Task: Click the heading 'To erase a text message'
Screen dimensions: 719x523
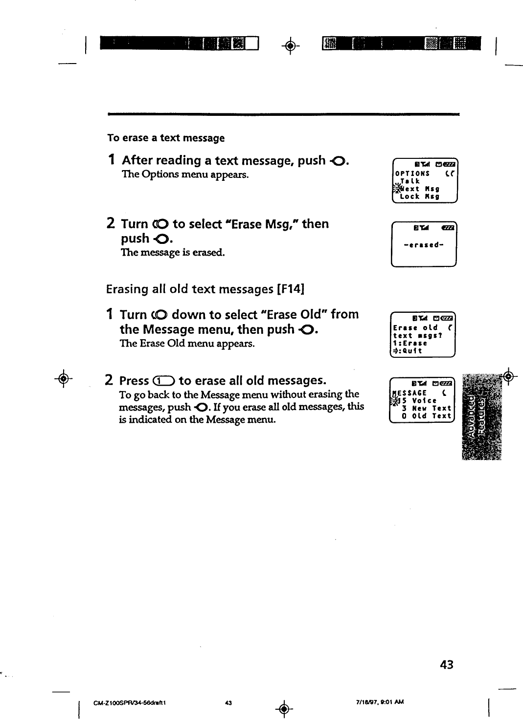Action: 166,138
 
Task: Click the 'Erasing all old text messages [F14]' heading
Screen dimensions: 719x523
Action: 205,289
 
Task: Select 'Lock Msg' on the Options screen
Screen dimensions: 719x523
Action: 419,196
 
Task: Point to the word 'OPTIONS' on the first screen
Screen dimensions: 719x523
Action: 412,174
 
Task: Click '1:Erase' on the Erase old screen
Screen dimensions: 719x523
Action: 410,343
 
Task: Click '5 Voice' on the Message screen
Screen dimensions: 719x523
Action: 419,400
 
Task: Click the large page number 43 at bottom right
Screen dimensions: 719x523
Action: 446,665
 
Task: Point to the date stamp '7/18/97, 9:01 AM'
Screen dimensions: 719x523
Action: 380,702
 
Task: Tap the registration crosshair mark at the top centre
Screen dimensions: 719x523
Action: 290,46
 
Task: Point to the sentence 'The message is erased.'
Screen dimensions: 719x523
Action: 173,253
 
